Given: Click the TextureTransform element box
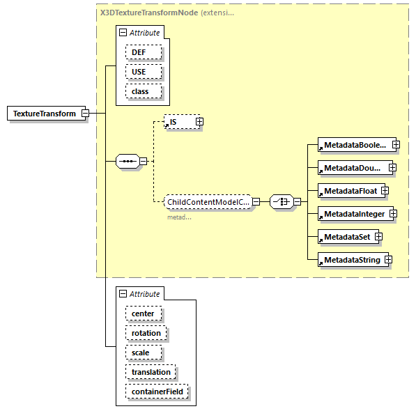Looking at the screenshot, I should [44, 114].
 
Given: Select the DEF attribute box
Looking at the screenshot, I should [144, 52].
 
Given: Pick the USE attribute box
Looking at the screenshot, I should [144, 72].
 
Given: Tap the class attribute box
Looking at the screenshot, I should [144, 91].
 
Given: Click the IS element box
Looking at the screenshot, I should [179, 122].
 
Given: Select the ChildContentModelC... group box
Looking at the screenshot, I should [207, 202].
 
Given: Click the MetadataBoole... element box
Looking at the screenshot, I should [353, 145].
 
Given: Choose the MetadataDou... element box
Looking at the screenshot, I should [352, 168].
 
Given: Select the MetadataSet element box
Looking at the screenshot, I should [346, 237].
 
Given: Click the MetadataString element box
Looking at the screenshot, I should [350, 260].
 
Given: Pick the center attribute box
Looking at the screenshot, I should [143, 313].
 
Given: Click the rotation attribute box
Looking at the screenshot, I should [146, 333].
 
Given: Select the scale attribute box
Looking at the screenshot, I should [141, 353].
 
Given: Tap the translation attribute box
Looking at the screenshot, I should [151, 372].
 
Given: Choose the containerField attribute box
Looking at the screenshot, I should [157, 392].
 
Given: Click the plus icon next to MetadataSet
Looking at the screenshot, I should [379, 237].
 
